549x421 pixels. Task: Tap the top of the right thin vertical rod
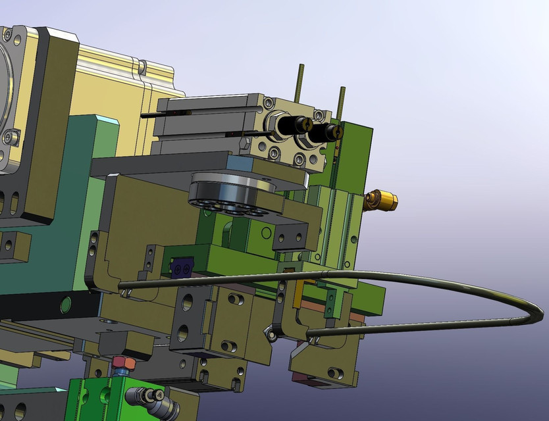click(x=341, y=89)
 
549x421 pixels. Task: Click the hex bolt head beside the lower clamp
click(x=269, y=335)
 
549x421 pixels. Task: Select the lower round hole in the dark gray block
click(x=184, y=331)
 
